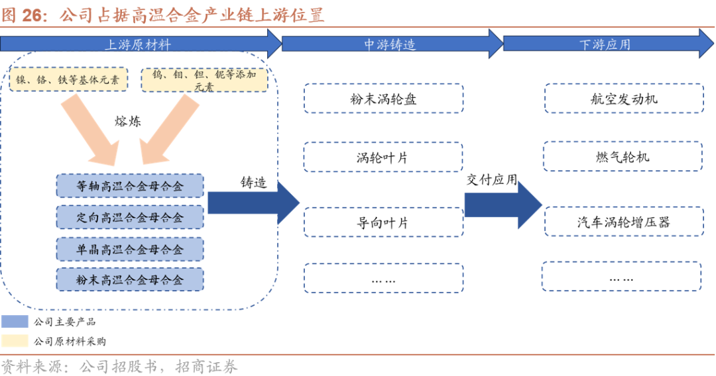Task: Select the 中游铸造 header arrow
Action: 390,44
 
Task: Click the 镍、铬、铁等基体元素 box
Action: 68,79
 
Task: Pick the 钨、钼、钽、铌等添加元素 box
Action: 204,79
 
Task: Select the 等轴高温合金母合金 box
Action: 130,186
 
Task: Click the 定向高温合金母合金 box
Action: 130,217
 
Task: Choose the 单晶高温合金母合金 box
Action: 130,249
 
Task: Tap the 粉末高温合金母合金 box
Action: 130,280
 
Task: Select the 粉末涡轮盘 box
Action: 383,99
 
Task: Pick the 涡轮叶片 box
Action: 383,158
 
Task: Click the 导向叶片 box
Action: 383,222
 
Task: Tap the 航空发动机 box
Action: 623,99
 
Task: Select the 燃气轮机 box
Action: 623,157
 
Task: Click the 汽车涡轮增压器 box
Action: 623,222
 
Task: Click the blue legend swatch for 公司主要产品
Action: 15,322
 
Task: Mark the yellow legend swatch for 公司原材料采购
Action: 15,342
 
